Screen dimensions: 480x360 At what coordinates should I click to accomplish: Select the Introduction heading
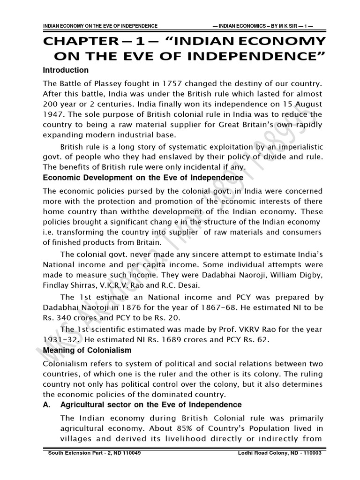pos(66,70)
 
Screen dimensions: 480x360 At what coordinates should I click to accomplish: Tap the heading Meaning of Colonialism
pos(87,351)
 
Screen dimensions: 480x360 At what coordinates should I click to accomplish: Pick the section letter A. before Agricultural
pos(47,405)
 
